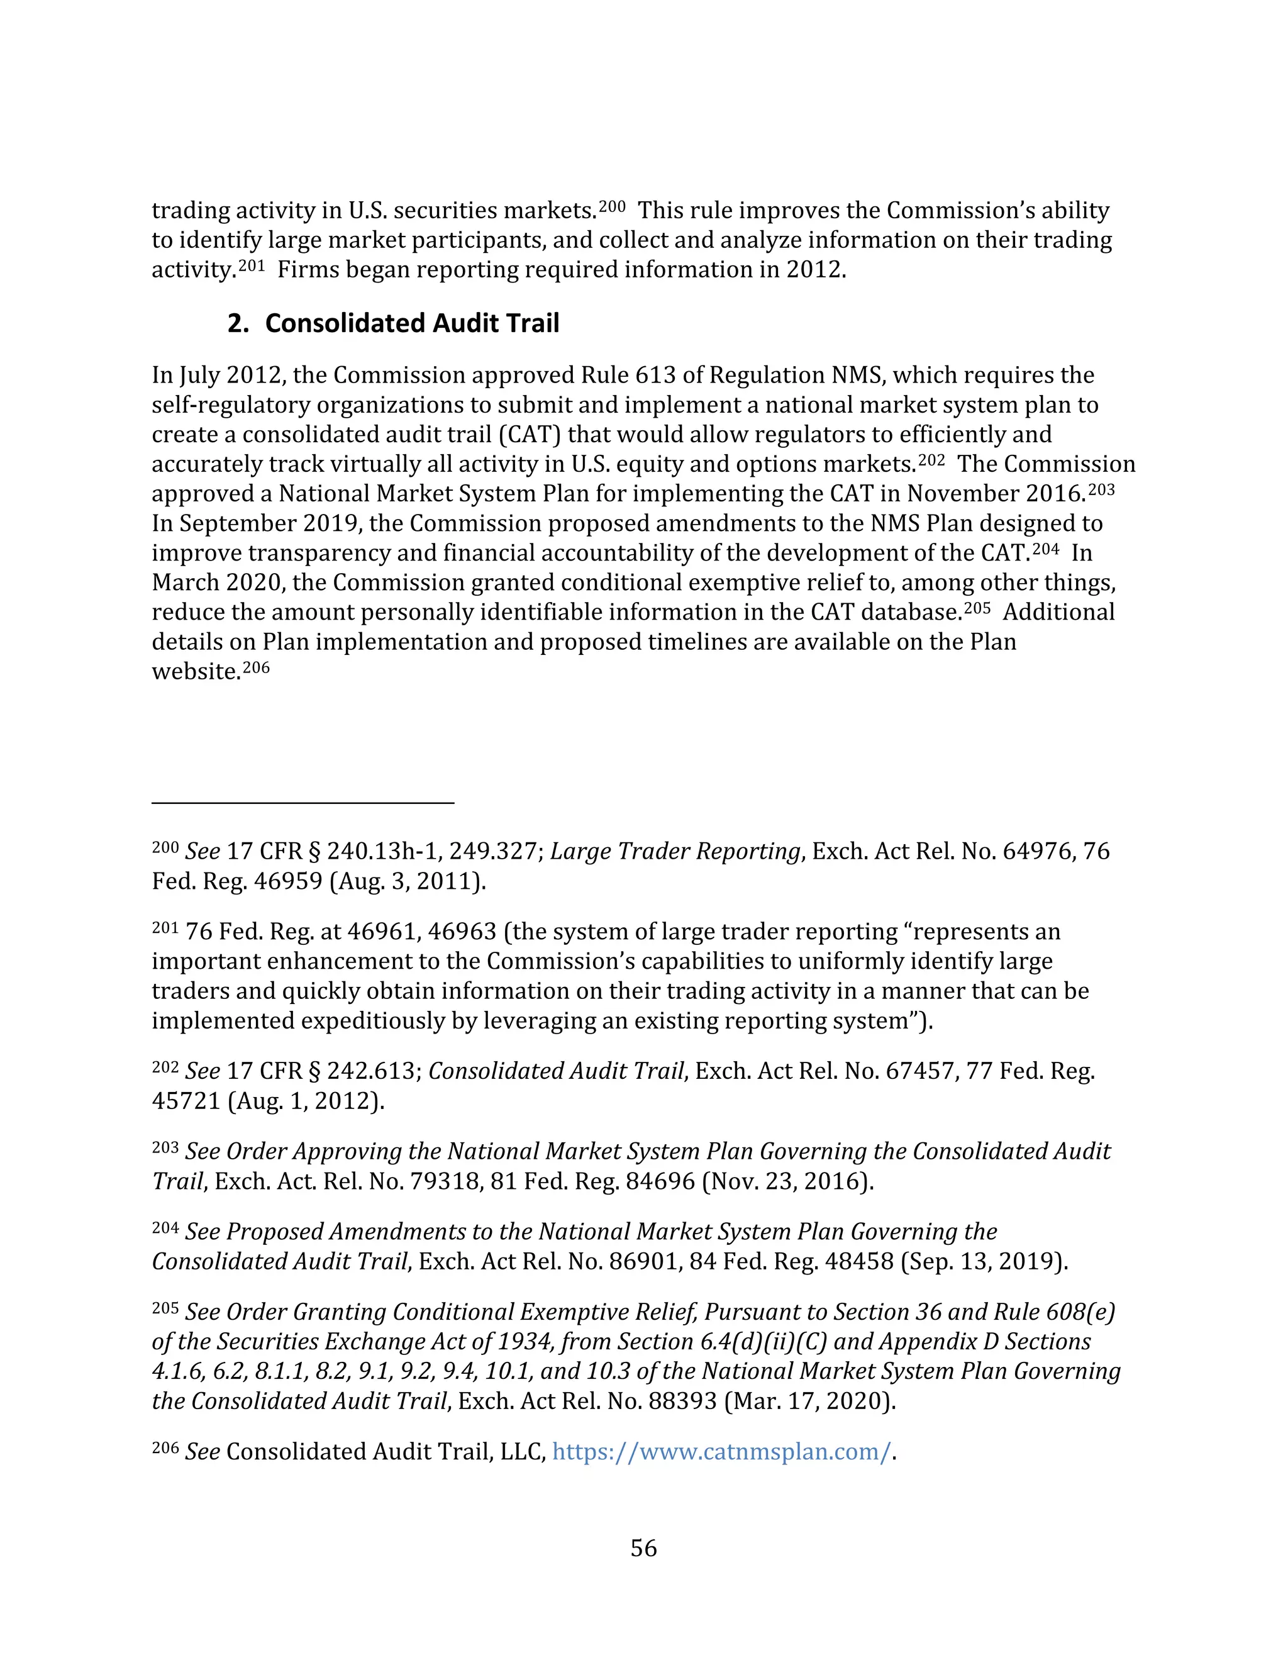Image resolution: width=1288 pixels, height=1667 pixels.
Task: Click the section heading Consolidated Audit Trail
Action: [x=411, y=323]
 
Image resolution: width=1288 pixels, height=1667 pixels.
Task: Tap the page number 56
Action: [x=643, y=1548]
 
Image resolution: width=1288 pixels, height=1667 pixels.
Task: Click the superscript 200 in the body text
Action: [x=611, y=206]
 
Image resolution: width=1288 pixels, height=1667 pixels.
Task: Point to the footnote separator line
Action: [x=303, y=803]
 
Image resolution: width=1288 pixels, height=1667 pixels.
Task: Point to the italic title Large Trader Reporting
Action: [x=675, y=851]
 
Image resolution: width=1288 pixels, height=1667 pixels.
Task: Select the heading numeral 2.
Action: [x=237, y=323]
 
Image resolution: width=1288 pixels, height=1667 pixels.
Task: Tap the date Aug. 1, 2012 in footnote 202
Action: [x=306, y=1101]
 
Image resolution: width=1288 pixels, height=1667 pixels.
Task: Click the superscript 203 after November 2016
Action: [x=1101, y=489]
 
